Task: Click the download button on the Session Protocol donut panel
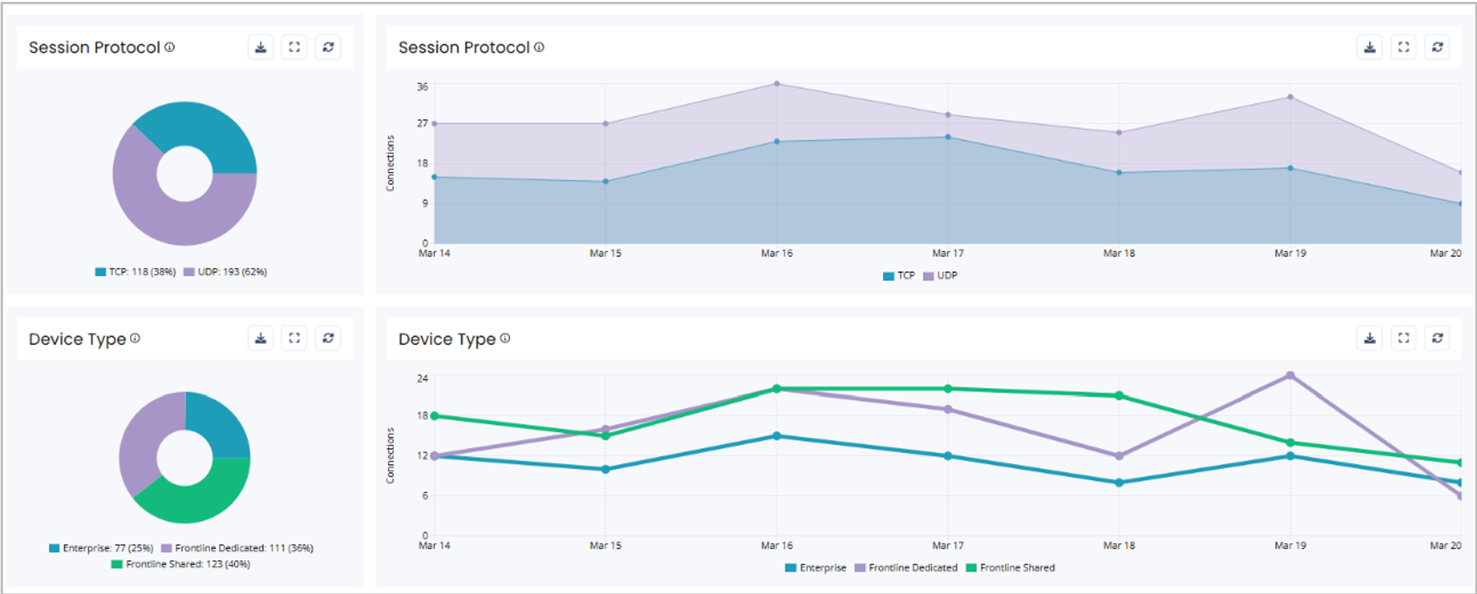click(x=261, y=47)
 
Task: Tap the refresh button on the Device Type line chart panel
click(x=1437, y=338)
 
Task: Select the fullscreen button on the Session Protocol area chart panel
click(x=1403, y=47)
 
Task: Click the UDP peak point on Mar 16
click(x=776, y=84)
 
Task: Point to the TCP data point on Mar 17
click(x=948, y=137)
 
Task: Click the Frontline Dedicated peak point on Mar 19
click(x=1290, y=375)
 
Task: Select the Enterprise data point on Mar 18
click(x=1119, y=483)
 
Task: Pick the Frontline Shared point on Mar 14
click(x=435, y=416)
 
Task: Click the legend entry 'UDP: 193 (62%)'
click(x=225, y=272)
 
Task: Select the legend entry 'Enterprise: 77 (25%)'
click(x=101, y=548)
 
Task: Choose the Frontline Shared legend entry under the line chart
click(x=1010, y=567)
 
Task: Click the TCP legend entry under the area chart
click(x=899, y=276)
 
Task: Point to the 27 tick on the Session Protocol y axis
click(x=422, y=123)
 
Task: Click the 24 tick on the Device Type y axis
click(x=422, y=378)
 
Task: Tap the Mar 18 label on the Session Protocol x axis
click(x=1119, y=253)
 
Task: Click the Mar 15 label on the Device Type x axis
click(x=605, y=546)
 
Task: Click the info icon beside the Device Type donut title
click(x=135, y=338)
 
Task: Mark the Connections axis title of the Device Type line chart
click(x=390, y=455)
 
